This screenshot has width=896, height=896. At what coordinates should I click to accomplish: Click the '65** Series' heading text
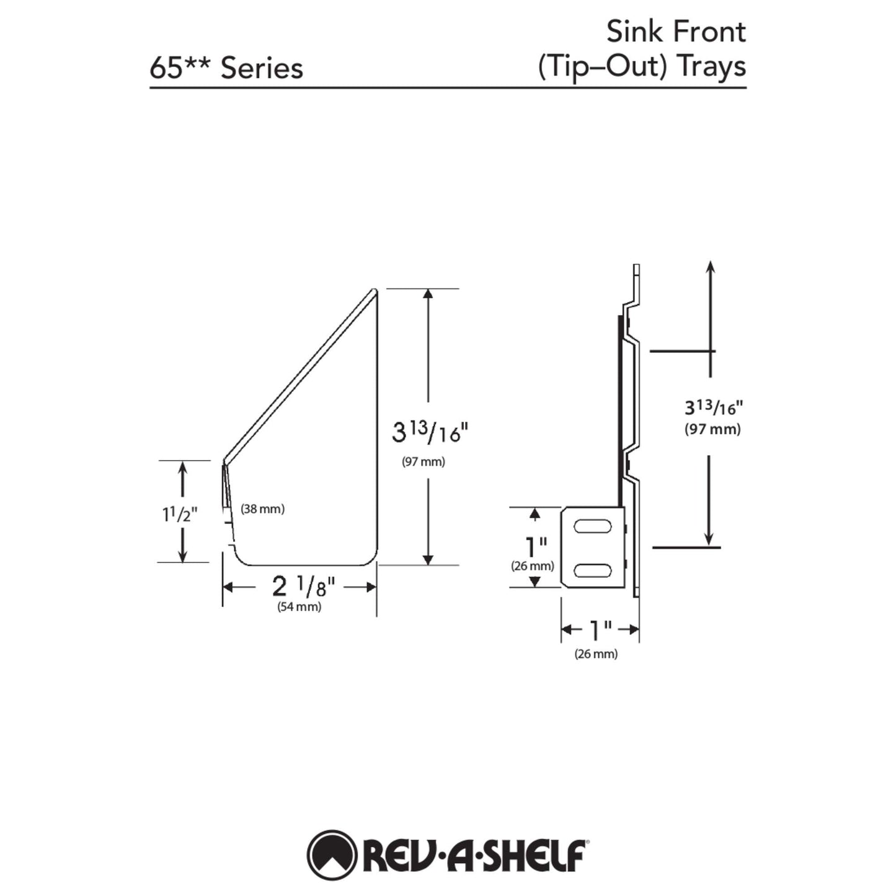tap(226, 68)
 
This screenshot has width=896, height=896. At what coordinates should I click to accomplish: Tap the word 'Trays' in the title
tap(711, 67)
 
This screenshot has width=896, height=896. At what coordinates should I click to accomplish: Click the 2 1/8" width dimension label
tap(303, 586)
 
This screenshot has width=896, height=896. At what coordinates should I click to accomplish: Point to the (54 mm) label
tap(299, 607)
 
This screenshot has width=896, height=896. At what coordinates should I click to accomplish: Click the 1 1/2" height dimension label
tap(180, 514)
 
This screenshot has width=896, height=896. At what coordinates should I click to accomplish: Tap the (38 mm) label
tap(262, 509)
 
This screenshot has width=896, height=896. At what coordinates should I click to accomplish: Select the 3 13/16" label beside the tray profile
tap(427, 432)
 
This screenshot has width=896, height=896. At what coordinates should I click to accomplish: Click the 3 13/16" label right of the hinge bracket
tap(713, 407)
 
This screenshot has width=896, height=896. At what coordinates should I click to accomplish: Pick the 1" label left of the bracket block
tap(535, 547)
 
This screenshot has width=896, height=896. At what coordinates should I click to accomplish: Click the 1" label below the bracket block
tap(600, 630)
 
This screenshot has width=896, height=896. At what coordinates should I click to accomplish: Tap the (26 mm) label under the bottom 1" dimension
tap(596, 654)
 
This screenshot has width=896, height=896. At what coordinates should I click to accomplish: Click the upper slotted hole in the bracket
tap(592, 527)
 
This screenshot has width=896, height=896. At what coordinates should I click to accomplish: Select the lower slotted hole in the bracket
tap(592, 569)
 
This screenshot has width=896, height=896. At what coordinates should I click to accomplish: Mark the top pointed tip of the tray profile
tap(375, 290)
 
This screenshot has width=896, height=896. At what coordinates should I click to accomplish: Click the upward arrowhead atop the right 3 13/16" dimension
tap(710, 267)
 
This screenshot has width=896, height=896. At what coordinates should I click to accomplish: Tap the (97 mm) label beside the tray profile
tap(424, 462)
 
